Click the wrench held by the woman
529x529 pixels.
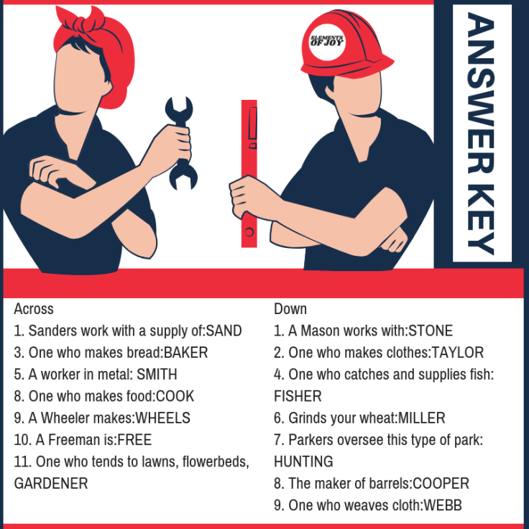coord(181,143)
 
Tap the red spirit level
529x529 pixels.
coord(249,174)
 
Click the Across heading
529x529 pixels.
coord(34,309)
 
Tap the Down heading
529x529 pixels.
coord(290,309)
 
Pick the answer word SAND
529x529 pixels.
coord(224,331)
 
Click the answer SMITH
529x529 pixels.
coord(157,374)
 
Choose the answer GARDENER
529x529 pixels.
coord(51,484)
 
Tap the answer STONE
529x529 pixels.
coord(431,331)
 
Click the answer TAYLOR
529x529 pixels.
coord(458,353)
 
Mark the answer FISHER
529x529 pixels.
coord(298,397)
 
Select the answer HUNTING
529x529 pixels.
coord(303,462)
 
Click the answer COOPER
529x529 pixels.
coord(441,484)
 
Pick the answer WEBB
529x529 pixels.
coord(443,505)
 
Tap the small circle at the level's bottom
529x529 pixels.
coord(249,232)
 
